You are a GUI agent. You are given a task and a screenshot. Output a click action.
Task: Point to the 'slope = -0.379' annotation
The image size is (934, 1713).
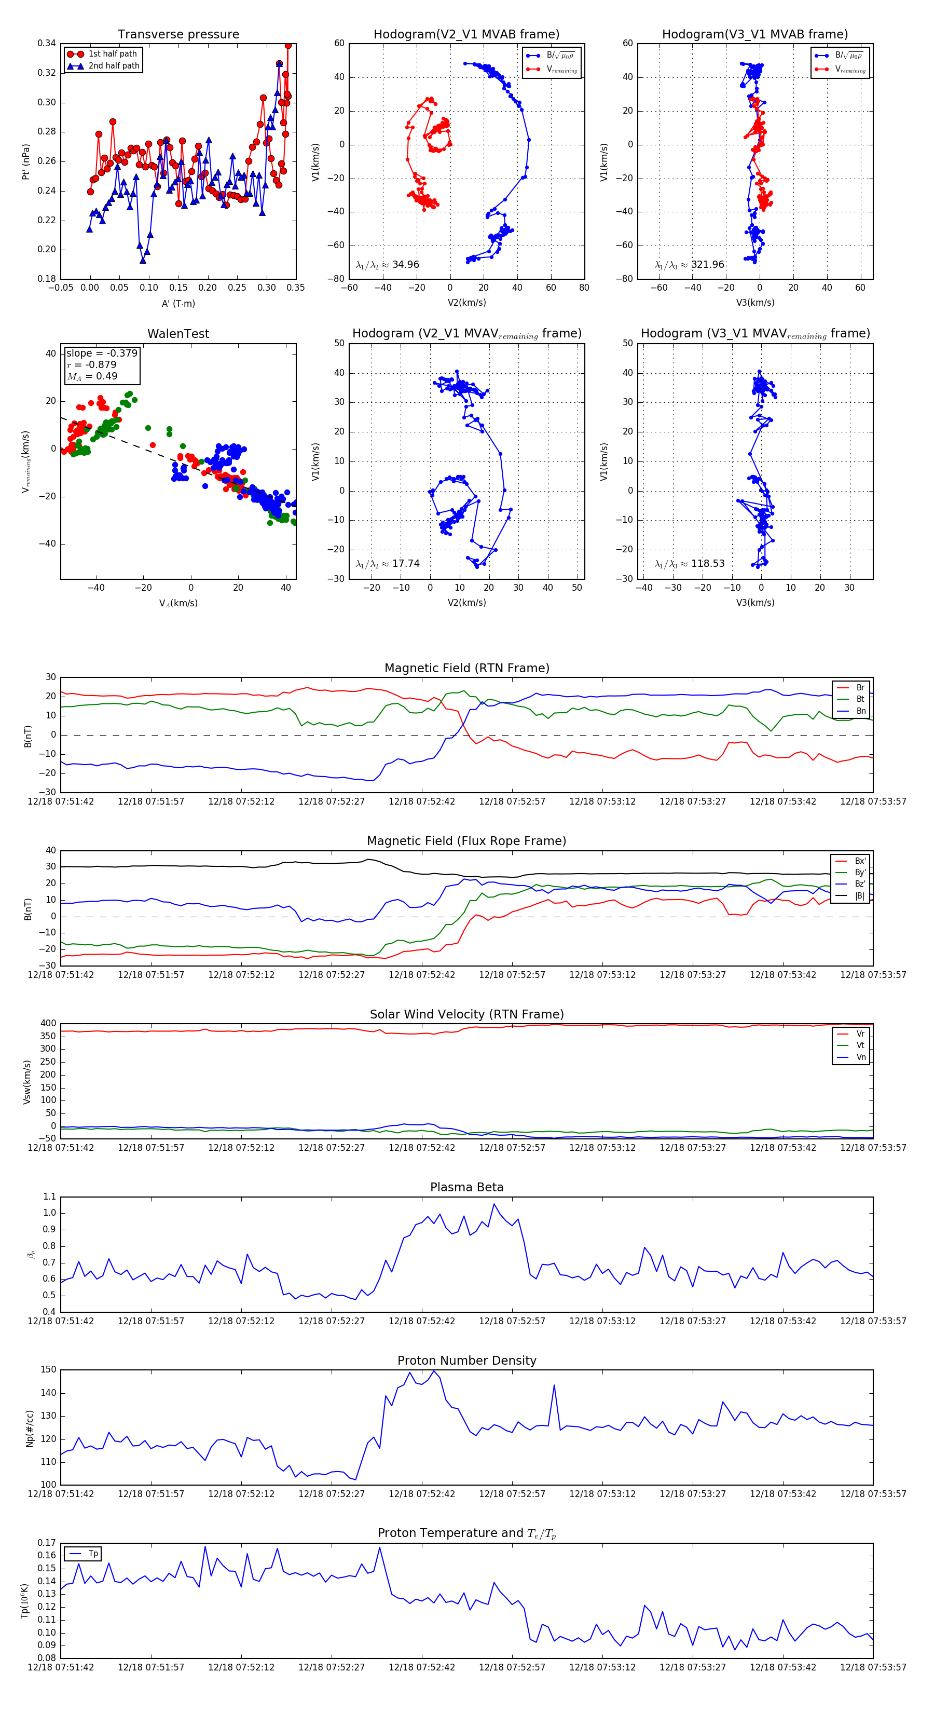(x=102, y=353)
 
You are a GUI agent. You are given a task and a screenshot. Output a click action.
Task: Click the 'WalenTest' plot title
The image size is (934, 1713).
(x=178, y=334)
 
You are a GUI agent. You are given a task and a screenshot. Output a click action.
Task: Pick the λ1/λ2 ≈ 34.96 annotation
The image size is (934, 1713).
(x=388, y=265)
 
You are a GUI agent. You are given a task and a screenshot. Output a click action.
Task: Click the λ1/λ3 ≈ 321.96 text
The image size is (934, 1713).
(x=690, y=265)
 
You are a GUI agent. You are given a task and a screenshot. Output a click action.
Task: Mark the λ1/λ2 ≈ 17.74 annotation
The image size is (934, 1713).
(x=388, y=564)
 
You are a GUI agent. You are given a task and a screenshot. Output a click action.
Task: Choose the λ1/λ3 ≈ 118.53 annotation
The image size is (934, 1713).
(x=690, y=564)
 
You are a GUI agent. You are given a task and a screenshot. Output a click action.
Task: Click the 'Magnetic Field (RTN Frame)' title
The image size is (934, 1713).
(x=466, y=668)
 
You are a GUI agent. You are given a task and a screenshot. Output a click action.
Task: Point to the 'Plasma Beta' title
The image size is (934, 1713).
(x=466, y=1188)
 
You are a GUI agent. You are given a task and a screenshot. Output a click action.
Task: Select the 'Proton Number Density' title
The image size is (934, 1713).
(x=466, y=1361)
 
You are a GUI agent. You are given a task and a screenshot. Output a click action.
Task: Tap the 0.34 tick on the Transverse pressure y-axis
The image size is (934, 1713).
(x=47, y=43)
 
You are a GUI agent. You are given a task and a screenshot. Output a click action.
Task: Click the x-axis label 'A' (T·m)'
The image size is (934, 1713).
(x=178, y=303)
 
